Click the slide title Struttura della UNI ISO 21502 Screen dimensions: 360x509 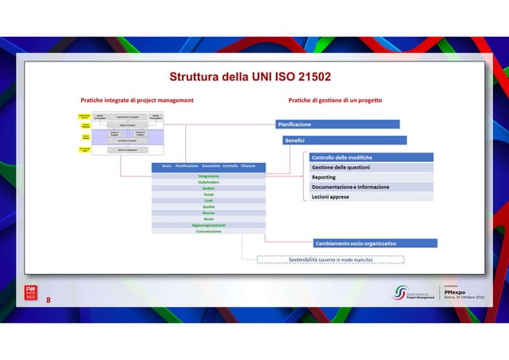[250, 77]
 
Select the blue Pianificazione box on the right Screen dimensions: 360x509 [337, 125]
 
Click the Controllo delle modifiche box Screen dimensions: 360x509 [371, 157]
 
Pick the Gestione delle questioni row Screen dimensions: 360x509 [371, 168]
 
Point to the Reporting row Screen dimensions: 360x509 [371, 177]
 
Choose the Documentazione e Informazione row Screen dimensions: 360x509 [371, 187]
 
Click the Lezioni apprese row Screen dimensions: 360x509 [371, 196]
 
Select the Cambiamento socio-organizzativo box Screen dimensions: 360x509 [375, 243]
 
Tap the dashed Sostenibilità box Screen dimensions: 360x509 [330, 259]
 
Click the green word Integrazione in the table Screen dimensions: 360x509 [209, 176]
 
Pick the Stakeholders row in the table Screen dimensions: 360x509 [209, 182]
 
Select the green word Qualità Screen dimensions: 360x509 [209, 207]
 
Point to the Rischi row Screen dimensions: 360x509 [209, 219]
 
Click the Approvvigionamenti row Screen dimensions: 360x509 [209, 225]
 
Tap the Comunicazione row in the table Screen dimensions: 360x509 [209, 231]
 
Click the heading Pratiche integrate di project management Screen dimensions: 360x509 [137, 101]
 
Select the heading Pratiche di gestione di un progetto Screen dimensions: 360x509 [335, 101]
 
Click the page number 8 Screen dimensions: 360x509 [49, 301]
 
